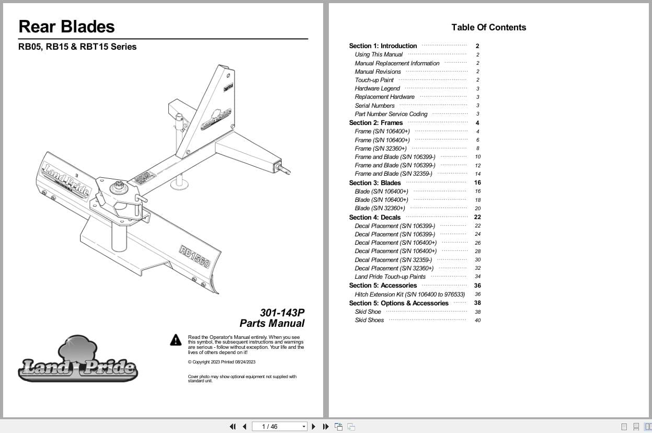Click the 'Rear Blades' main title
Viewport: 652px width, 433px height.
[66, 27]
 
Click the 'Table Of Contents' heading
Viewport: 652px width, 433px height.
[488, 27]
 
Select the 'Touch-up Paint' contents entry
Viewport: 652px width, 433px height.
[374, 80]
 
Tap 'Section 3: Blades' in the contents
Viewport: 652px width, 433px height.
[375, 183]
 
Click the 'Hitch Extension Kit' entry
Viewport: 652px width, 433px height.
[409, 294]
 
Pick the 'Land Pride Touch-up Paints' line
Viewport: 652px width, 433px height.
[390, 277]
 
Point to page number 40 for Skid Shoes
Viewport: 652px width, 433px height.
[477, 320]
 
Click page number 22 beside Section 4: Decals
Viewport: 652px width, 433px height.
[477, 217]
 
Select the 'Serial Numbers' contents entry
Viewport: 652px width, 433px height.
[374, 106]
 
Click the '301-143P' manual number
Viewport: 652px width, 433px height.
[282, 313]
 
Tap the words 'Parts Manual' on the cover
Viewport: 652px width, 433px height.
[272, 324]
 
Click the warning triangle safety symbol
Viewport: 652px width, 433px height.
[176, 340]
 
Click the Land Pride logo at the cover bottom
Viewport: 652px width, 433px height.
[78, 360]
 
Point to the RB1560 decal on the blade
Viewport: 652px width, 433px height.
[195, 256]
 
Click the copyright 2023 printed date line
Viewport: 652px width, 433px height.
[222, 362]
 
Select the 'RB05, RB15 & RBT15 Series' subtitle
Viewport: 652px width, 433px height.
[77, 47]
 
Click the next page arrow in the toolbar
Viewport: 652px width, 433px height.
[314, 427]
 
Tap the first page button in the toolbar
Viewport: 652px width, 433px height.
[232, 427]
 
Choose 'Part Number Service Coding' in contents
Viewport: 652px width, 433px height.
[391, 114]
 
